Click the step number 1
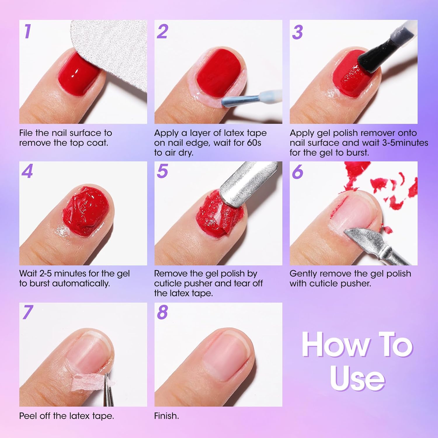tap(27, 31)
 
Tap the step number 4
tap(27, 171)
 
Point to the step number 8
tap(162, 312)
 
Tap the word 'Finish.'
tap(166, 416)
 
